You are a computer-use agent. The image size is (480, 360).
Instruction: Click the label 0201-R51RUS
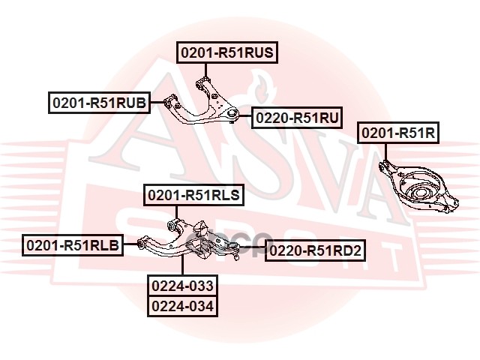pyautogui.click(x=227, y=52)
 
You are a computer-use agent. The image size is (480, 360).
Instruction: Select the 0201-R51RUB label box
pyautogui.click(x=99, y=103)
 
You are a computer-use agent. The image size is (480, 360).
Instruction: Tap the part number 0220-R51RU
pyautogui.click(x=297, y=118)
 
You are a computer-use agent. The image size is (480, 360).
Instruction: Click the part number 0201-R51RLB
pyautogui.click(x=73, y=244)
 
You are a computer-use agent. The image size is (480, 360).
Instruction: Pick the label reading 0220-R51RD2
pyautogui.click(x=316, y=250)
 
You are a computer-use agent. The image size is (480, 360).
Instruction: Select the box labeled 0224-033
pyautogui.click(x=183, y=286)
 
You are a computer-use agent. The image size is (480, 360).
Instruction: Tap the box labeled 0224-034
pyautogui.click(x=183, y=306)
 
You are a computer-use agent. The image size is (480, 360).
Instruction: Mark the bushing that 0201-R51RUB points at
pyautogui.click(x=169, y=102)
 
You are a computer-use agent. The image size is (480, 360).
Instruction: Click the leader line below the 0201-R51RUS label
pyautogui.click(x=206, y=67)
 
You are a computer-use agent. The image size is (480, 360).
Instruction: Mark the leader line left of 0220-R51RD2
pyautogui.click(x=253, y=250)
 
